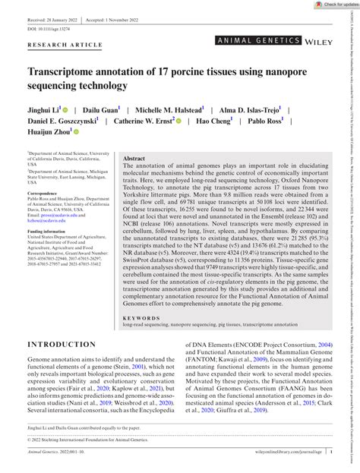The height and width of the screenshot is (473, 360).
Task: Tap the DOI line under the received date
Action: click(55, 28)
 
